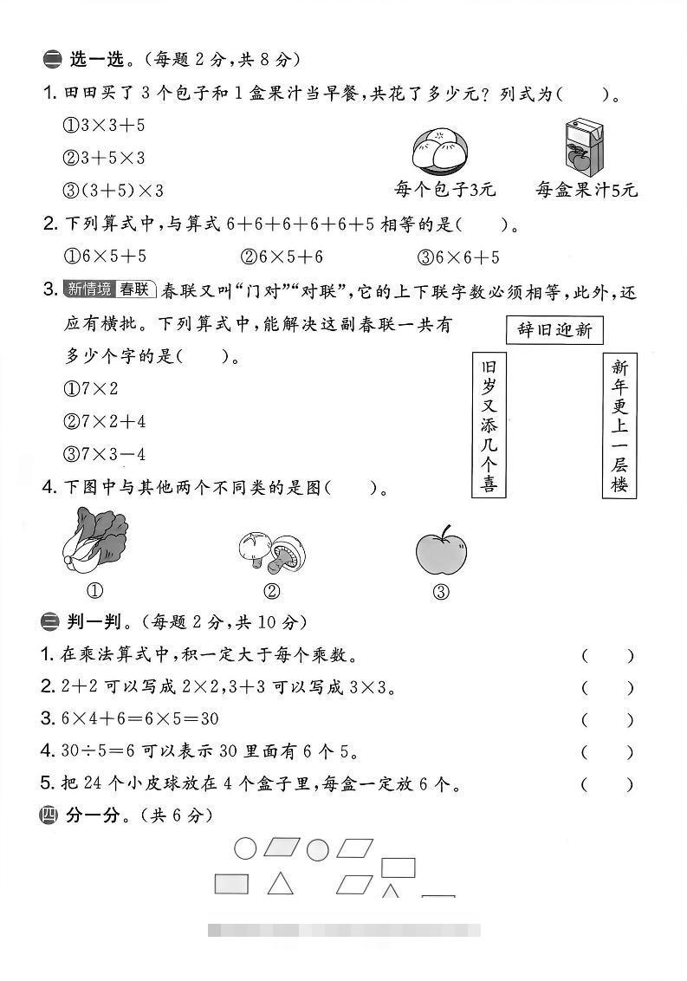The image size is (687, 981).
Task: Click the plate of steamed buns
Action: (439, 149)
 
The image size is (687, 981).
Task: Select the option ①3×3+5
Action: (103, 126)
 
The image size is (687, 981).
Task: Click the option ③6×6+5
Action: (458, 257)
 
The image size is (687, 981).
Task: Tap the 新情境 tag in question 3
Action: (87, 289)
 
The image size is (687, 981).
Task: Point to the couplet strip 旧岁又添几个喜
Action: (489, 425)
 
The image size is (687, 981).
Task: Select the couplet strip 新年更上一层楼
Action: (619, 425)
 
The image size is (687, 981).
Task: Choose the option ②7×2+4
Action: (105, 421)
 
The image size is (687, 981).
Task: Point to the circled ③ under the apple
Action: (441, 593)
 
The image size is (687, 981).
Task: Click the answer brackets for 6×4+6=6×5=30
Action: (607, 719)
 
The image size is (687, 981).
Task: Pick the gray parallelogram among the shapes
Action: (282, 847)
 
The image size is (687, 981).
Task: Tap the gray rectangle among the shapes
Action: (231, 884)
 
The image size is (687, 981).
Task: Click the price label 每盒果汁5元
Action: (586, 190)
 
